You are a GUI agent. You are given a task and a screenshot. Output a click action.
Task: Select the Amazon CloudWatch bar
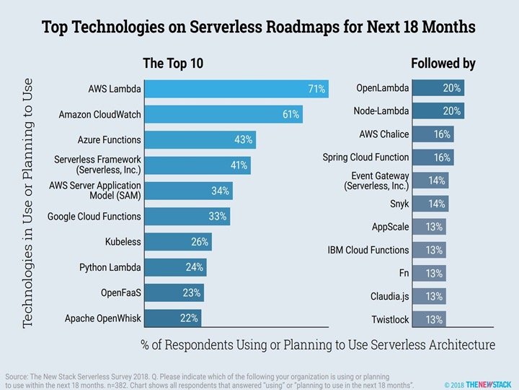coord(223,114)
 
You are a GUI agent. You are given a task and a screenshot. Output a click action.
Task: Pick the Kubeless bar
coord(180,242)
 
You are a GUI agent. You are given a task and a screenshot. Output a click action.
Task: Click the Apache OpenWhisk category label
coord(103,317)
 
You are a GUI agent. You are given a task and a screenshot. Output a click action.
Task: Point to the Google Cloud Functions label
coord(94,216)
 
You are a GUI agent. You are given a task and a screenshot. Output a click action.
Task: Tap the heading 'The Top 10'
coord(173,64)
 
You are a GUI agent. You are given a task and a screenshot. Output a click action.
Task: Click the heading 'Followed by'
coord(443,64)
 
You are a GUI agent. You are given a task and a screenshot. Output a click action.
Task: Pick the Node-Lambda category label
coord(381,111)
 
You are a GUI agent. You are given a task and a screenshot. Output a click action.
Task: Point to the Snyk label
coord(399,204)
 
